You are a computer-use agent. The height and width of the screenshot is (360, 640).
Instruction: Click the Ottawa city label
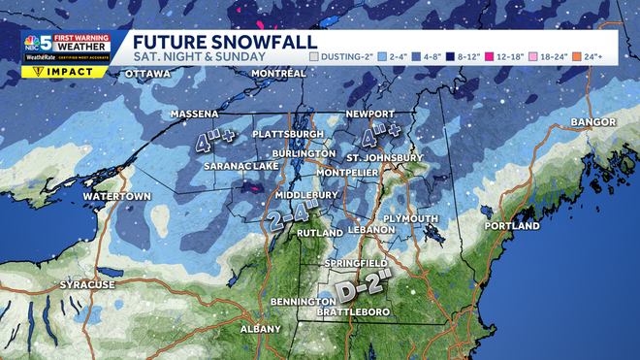pos(147,74)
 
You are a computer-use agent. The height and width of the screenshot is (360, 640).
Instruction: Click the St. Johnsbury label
pos(385,157)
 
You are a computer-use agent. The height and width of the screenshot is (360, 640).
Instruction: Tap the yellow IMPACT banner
pos(65,71)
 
